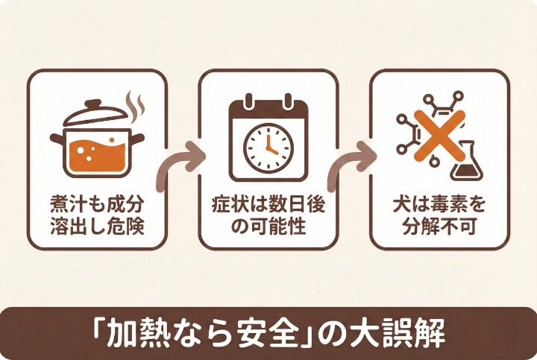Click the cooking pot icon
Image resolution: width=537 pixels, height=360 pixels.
tap(96, 145)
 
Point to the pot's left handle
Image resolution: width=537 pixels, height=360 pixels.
tap(57, 139)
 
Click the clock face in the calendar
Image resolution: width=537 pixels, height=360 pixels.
tap(268, 146)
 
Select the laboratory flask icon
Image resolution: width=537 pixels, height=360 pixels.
tap(466, 162)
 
